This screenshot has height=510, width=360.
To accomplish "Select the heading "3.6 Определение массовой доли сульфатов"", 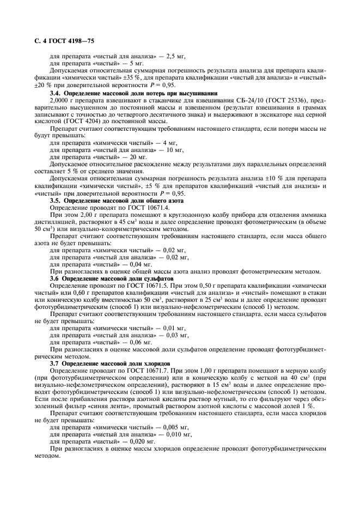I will (111, 280).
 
